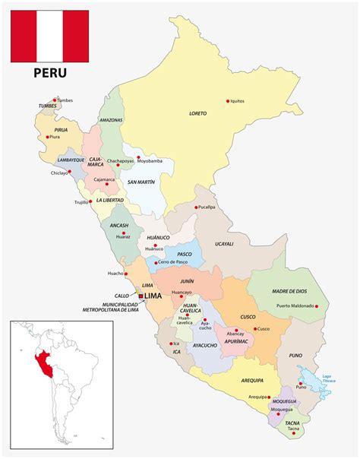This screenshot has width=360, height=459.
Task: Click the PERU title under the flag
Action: [x=49, y=73]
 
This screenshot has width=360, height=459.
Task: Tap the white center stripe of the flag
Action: [x=49, y=36]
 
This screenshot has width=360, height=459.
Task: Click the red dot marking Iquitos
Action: [x=228, y=101]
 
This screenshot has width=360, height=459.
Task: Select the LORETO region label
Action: [x=197, y=113]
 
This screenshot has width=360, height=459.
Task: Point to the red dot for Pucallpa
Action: [x=196, y=207]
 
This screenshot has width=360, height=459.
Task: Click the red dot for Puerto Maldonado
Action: [x=317, y=306]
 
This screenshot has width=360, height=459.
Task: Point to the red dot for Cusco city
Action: [x=254, y=328]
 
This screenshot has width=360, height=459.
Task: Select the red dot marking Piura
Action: [x=48, y=138]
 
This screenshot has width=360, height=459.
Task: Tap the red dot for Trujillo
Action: [x=92, y=202]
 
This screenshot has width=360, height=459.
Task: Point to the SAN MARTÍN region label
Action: [x=142, y=182]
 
